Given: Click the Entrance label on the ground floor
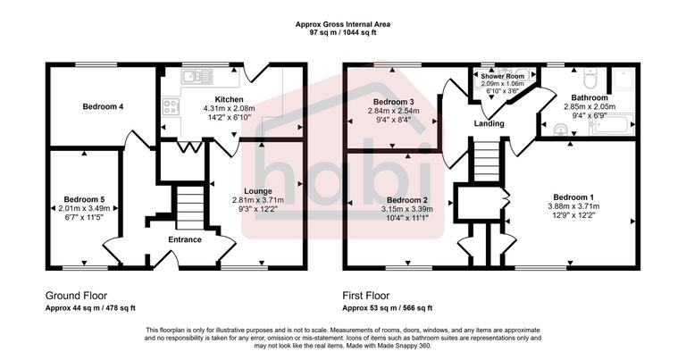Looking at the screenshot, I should pos(185,239).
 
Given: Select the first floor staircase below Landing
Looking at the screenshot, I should pos(483,163).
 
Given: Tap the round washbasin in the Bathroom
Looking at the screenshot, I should pos(560,128).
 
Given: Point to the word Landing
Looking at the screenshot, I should pos(489,124).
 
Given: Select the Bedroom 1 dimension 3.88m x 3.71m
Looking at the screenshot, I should pos(575,206).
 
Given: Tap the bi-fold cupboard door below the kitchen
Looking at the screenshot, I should pos(188,146).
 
